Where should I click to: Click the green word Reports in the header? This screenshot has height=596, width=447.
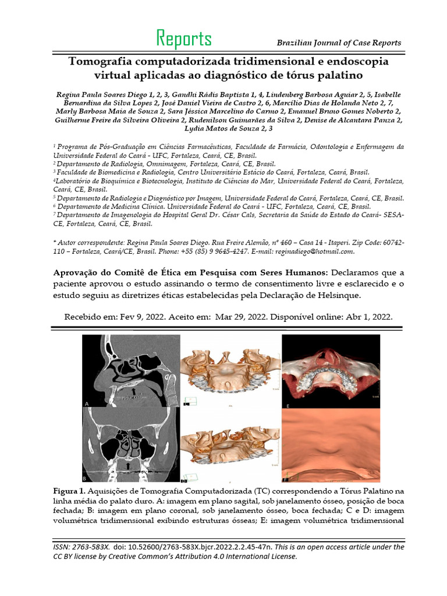coord(184,39)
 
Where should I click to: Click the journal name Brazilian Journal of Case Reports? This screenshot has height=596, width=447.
coord(339,43)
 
